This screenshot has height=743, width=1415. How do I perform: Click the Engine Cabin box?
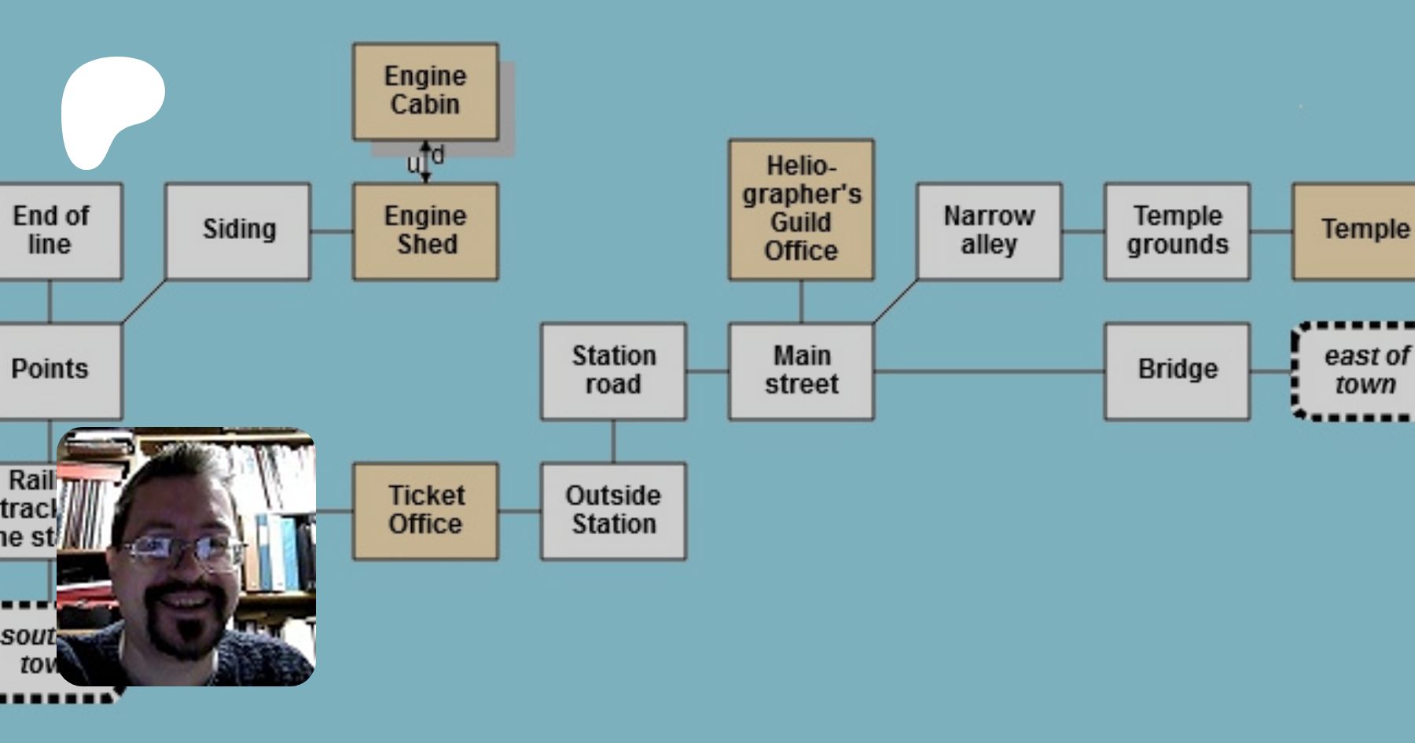(425, 91)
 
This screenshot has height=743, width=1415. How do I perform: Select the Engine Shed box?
(425, 231)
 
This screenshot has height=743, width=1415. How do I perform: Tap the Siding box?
(238, 231)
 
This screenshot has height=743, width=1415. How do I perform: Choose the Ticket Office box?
(425, 511)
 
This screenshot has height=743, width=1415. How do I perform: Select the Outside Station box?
(613, 511)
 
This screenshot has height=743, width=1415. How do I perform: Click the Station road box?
(613, 370)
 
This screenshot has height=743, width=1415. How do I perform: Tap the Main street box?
(801, 370)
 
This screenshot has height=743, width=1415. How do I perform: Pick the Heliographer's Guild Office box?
(801, 209)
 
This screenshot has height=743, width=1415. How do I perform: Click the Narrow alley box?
(989, 231)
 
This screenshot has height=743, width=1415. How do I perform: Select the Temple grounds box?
(1177, 231)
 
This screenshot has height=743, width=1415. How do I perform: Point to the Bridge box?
(1177, 370)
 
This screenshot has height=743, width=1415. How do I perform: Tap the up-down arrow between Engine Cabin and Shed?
(425, 162)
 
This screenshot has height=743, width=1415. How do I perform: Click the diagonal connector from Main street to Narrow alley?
(895, 301)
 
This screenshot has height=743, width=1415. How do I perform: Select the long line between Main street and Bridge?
(989, 371)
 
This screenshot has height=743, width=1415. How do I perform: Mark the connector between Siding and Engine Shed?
(332, 231)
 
